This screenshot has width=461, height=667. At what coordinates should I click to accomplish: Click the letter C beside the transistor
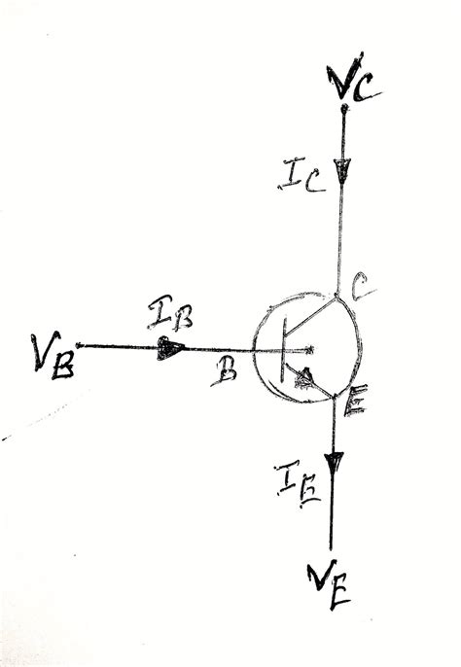tap(360, 288)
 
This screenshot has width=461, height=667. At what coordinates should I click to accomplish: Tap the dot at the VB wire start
tap(79, 345)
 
